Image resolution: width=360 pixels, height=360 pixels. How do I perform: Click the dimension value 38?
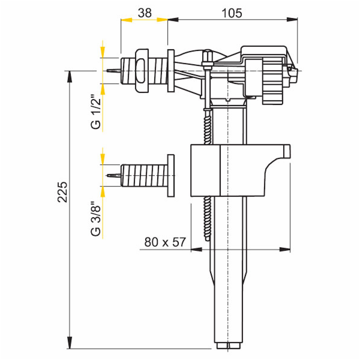coord(145,11)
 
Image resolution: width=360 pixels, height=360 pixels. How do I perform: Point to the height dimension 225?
coord(63,192)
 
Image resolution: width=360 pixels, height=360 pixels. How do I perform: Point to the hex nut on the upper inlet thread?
coord(142,71)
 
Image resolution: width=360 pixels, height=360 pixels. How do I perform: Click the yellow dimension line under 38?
coord(144,20)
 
